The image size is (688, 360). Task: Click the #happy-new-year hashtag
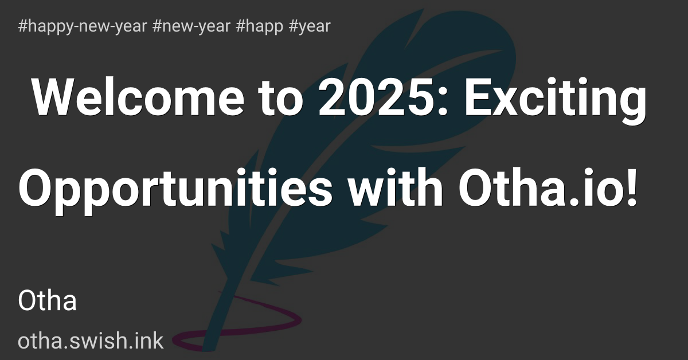point(83,26)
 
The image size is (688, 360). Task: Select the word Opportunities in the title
point(175,187)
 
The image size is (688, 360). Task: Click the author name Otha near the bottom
point(48,301)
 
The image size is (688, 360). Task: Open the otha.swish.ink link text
point(91,341)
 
